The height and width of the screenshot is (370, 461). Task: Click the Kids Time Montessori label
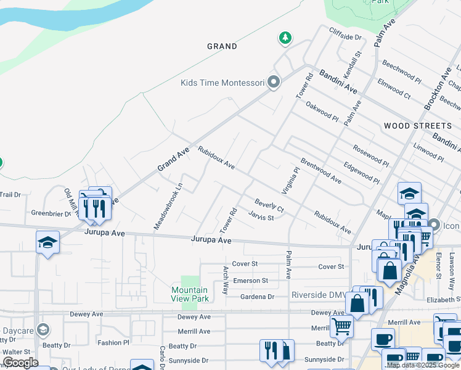(222, 83)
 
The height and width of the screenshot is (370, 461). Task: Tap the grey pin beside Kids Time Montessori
(274, 82)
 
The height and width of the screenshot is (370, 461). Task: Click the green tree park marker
(285, 39)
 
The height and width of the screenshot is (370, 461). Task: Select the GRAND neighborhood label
(222, 46)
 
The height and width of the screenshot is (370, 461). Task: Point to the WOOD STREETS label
(413, 126)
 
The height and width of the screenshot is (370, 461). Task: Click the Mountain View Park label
(189, 294)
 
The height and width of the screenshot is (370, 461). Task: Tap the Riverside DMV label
(319, 295)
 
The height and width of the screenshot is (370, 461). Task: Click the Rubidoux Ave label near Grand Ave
(216, 158)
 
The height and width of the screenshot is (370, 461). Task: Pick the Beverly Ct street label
(269, 205)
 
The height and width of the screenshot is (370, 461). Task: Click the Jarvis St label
(261, 216)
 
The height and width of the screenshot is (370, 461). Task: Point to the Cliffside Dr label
(345, 36)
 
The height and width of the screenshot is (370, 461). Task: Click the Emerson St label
(250, 281)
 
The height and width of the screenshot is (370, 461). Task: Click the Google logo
(20, 362)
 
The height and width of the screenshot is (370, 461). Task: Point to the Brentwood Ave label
(320, 173)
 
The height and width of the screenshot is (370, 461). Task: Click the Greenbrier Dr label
(52, 214)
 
